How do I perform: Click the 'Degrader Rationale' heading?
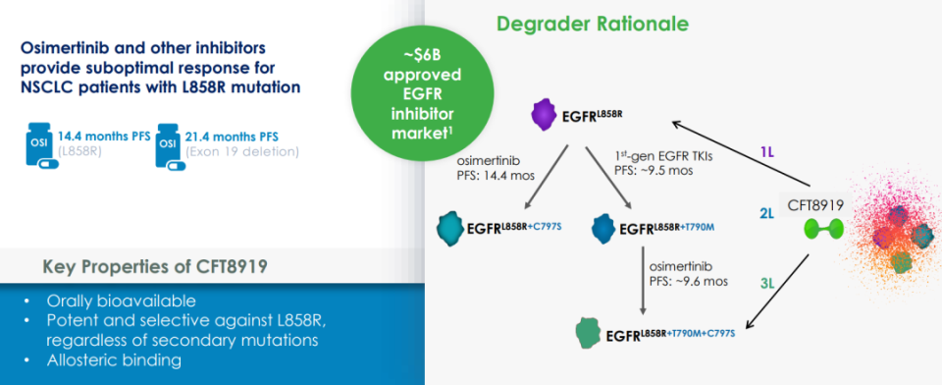[x=592, y=25]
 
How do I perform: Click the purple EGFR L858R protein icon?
[x=544, y=114]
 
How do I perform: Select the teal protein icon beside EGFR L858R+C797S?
[x=451, y=228]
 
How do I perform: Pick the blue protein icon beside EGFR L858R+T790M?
[x=602, y=228]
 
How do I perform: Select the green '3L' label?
[x=767, y=283]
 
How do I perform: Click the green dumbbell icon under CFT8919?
[x=824, y=229]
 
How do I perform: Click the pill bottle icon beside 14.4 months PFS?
[x=38, y=143]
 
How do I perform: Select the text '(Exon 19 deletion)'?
[x=242, y=151]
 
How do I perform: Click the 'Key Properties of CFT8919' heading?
[x=155, y=266]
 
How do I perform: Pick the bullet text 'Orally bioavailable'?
[x=121, y=301]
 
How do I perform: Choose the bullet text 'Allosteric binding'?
[x=114, y=360]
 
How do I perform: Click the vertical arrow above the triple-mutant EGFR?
[x=644, y=279]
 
